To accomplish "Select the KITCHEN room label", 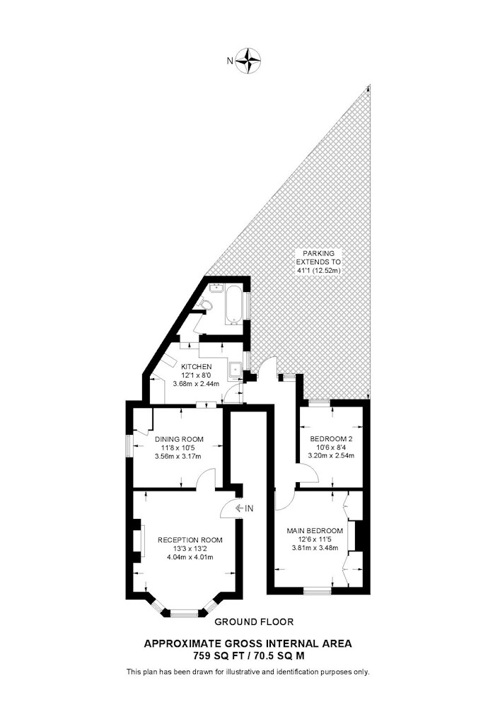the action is (x=196, y=366).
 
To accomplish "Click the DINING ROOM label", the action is (x=179, y=439).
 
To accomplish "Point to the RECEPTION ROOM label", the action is (x=190, y=539).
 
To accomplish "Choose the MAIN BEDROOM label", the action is (x=315, y=531).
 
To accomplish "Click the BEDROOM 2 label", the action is (x=331, y=439).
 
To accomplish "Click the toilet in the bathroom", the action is (x=204, y=305).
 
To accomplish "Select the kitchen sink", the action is (x=235, y=370).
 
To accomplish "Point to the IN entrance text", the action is (x=249, y=508).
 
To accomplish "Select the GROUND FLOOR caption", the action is (x=254, y=621).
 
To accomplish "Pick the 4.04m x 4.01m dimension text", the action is (x=190, y=557).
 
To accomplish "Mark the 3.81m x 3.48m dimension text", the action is (x=315, y=548).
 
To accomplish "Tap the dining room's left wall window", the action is (x=129, y=446).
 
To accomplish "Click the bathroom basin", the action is (x=216, y=287).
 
